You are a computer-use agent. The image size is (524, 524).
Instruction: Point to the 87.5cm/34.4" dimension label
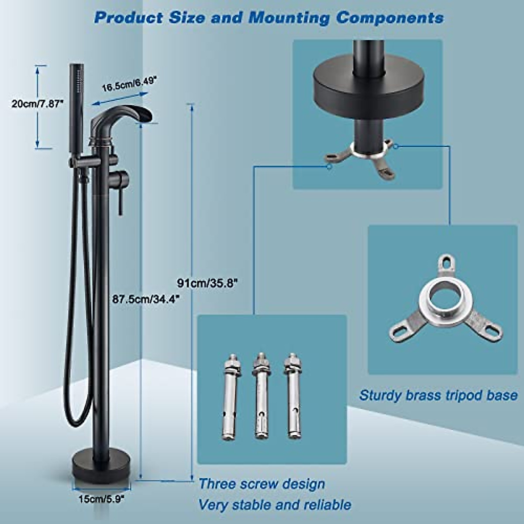pyautogui.click(x=145, y=299)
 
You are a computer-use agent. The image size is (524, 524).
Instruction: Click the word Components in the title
pyautogui.click(x=390, y=18)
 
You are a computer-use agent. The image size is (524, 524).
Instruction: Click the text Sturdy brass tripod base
pyautogui.click(x=438, y=396)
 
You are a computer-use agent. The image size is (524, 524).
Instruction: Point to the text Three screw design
pyautogui.click(x=262, y=484)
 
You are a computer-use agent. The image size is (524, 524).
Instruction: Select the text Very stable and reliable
pyautogui.click(x=275, y=505)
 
